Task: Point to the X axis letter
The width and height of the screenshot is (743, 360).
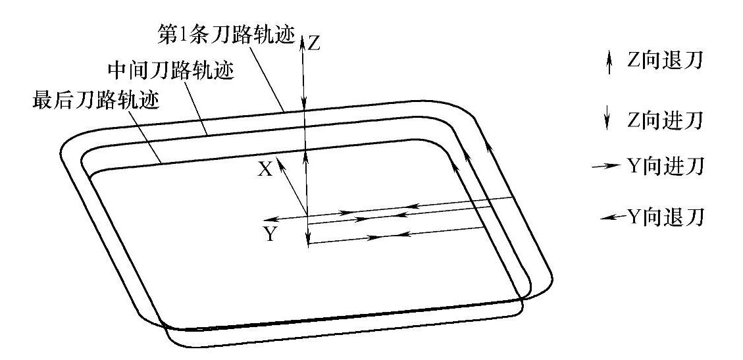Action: tap(265, 169)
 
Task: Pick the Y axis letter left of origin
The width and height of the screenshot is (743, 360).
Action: tap(269, 234)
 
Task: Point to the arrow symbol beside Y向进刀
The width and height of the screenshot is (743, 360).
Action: tap(604, 167)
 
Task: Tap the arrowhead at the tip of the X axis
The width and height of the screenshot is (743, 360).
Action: tap(282, 162)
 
